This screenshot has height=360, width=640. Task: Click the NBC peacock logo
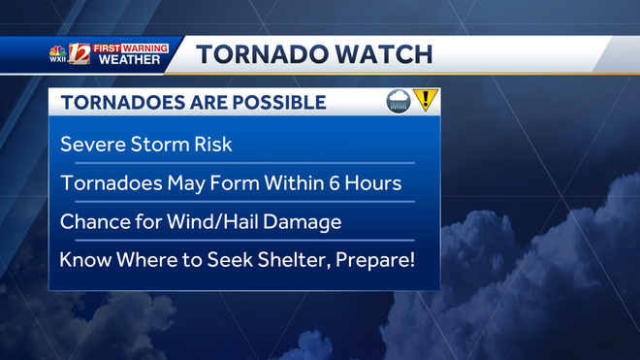pos(57,49)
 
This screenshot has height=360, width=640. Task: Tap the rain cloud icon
pos(399,101)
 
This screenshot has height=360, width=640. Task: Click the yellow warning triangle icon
pos(426,100)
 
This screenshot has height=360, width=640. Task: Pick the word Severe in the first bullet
pos(93,145)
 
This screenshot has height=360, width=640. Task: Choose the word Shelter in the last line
pos(288,260)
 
